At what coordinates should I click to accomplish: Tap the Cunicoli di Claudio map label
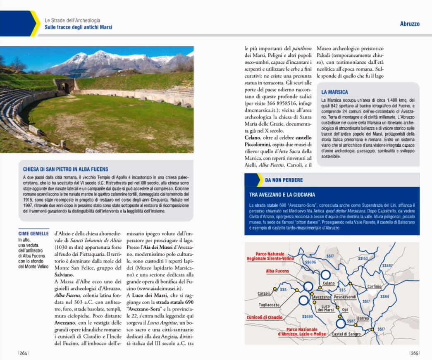265,317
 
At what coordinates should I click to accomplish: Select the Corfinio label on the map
375,286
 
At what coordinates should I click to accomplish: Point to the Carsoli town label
264,293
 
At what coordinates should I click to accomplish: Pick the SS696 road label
310,262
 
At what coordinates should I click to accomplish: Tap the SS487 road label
387,265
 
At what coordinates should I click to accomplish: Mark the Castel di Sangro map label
345,334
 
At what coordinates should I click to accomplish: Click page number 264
23,353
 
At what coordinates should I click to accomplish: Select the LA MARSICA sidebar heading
334,92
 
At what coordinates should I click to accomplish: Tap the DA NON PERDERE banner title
284,180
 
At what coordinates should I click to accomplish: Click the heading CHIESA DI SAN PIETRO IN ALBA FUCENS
66,169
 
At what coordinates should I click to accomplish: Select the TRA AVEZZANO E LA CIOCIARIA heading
282,194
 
